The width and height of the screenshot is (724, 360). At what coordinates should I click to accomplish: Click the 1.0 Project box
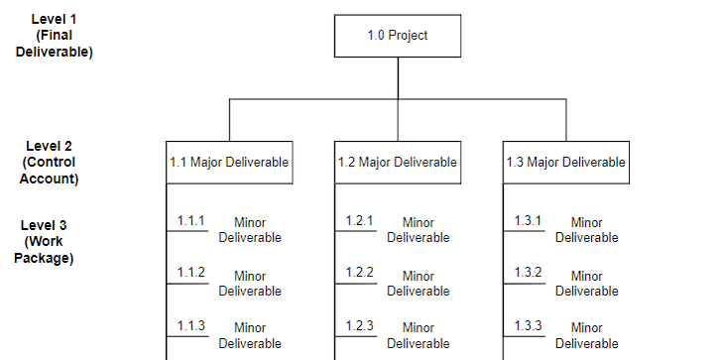(398, 36)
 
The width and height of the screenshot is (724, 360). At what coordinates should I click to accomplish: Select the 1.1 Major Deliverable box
(229, 162)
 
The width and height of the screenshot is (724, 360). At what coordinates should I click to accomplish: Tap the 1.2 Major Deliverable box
(398, 162)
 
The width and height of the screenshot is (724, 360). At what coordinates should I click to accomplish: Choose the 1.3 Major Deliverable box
(566, 162)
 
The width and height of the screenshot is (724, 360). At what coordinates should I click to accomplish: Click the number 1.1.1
(191, 220)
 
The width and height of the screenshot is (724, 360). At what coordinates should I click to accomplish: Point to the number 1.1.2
(191, 272)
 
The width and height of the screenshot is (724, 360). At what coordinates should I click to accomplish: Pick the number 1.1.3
(191, 325)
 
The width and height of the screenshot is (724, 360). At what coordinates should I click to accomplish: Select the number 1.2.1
(360, 220)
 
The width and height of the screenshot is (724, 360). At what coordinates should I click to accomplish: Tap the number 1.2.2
(360, 272)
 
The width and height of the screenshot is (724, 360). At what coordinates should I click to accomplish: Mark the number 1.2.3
(360, 325)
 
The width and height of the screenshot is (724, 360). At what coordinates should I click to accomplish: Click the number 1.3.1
(529, 220)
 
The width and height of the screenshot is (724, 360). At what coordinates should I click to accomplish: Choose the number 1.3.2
(529, 272)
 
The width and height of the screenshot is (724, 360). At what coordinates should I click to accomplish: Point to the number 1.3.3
(529, 325)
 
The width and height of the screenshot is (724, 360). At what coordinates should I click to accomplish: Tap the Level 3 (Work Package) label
(44, 242)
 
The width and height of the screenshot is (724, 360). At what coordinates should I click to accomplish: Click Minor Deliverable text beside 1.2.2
(419, 284)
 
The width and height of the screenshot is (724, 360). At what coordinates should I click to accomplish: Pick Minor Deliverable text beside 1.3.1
(587, 230)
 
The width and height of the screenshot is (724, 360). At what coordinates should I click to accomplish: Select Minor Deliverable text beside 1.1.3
(250, 335)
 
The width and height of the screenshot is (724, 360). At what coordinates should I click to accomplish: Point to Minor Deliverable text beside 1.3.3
(587, 335)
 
